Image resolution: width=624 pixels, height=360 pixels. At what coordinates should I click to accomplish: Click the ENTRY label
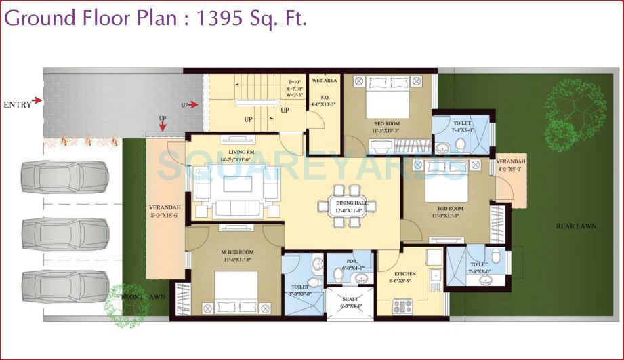point(16,104)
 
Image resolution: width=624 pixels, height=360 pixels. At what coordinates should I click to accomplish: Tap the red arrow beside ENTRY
point(37,101)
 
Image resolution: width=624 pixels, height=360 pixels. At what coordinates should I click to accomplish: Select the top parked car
point(64,176)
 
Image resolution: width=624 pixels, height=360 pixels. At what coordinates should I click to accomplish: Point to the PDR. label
point(350,260)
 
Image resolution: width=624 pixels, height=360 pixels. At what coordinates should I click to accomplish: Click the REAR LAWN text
point(576,226)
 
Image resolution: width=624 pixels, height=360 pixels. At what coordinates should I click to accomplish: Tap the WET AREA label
point(325,81)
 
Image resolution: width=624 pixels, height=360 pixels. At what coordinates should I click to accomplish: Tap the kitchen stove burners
point(402,306)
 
